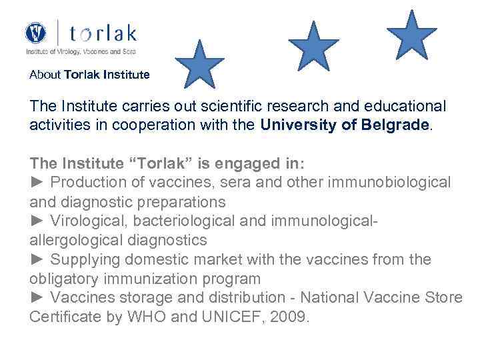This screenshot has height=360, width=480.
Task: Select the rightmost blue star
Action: [412, 35]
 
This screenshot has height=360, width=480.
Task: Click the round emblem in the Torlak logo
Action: [36, 33]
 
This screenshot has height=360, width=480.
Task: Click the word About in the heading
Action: [45, 75]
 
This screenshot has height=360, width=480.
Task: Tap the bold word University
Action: [299, 125]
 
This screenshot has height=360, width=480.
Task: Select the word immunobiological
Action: [388, 182]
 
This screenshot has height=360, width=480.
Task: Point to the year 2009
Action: [295, 317]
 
